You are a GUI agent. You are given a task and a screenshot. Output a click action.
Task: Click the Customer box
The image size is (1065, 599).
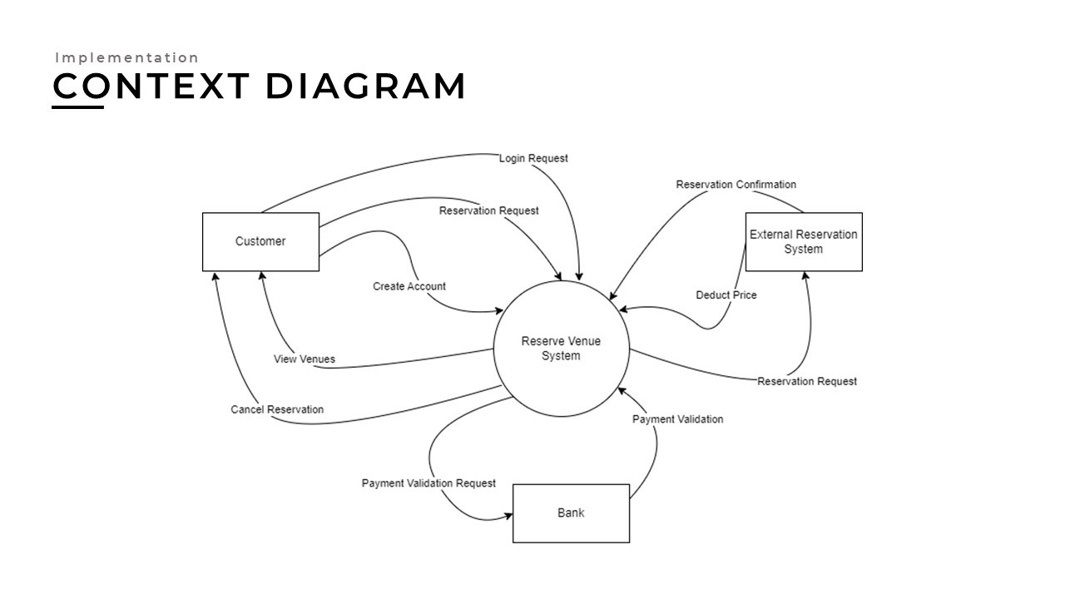tap(260, 241)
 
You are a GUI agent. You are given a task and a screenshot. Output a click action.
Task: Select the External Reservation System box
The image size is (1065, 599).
tap(803, 241)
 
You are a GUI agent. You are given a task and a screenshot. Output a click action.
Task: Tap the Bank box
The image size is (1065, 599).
tap(571, 512)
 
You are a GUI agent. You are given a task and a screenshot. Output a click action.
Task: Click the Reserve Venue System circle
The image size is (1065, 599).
tap(561, 349)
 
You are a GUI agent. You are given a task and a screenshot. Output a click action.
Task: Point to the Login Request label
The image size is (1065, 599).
tap(533, 158)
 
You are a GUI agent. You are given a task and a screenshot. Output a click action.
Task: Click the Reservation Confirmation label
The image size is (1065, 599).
tap(736, 185)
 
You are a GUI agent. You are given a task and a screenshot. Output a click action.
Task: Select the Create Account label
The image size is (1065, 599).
tap(409, 286)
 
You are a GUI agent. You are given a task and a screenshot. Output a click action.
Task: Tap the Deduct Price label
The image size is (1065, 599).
tap(726, 295)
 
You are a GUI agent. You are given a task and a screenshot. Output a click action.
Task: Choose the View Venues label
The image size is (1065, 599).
tap(305, 359)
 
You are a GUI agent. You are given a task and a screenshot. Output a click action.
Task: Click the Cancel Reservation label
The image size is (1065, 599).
tap(277, 409)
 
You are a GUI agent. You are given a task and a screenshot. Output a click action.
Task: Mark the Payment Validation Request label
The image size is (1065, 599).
tap(428, 483)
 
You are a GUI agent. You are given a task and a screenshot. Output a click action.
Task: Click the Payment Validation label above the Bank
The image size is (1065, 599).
tap(677, 419)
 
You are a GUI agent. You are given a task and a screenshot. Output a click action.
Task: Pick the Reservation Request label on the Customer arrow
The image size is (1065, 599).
tap(488, 211)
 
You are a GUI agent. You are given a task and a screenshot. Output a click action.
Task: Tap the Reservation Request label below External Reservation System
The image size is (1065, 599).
tap(806, 382)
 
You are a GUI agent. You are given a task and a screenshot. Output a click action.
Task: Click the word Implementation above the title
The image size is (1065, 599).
tap(127, 58)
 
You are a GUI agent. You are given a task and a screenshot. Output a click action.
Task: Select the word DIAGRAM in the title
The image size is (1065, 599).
tap(365, 87)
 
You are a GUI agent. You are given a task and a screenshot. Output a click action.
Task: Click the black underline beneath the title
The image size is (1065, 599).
tap(78, 106)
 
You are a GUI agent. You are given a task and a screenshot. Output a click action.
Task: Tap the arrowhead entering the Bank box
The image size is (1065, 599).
tap(508, 517)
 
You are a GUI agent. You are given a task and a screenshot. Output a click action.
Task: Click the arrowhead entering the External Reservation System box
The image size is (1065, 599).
tap(805, 276)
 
